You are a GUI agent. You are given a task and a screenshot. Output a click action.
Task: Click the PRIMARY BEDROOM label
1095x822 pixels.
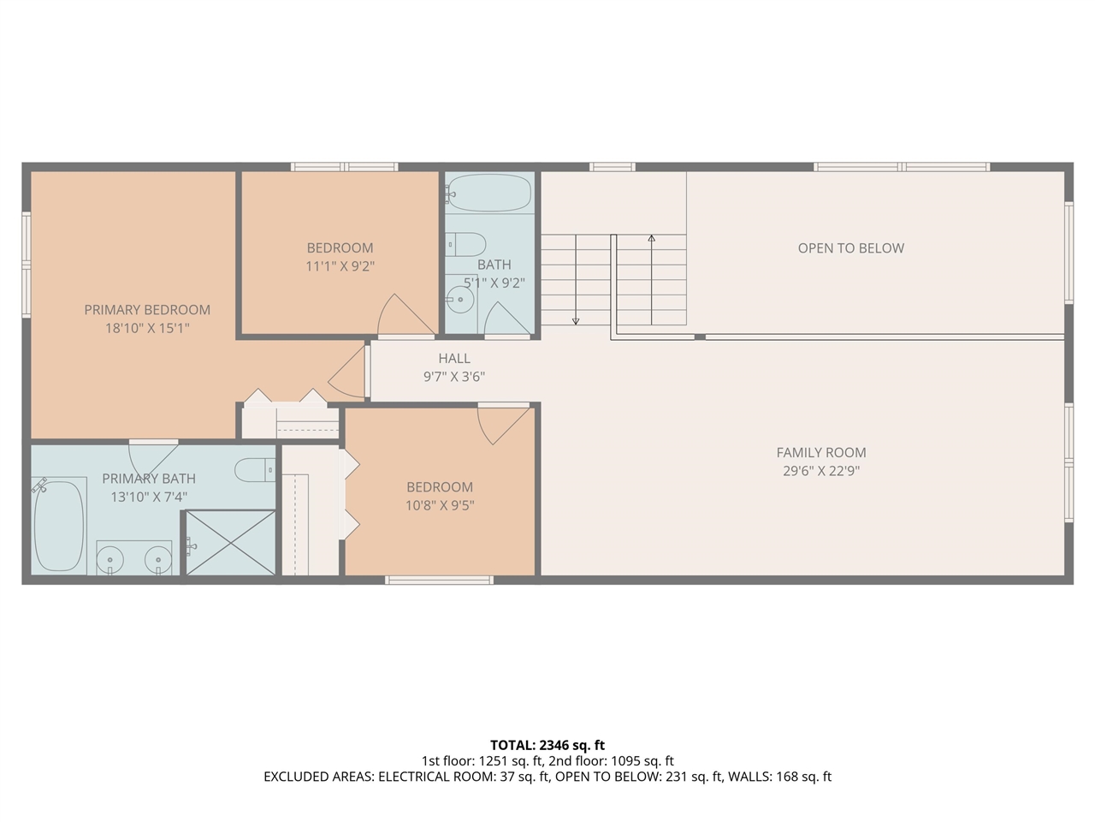click(x=147, y=310)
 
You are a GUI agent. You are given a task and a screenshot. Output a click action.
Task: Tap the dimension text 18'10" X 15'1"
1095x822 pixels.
click(x=147, y=328)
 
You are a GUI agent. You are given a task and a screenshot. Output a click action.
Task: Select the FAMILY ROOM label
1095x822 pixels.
click(x=820, y=452)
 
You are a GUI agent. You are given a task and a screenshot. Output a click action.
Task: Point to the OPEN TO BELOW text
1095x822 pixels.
click(x=850, y=248)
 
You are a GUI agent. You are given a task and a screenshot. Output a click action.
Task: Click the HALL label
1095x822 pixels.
click(x=454, y=358)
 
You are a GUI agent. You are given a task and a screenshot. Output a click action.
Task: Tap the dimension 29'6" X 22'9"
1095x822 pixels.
click(x=820, y=471)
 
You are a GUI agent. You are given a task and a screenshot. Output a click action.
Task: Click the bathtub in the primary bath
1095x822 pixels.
click(x=59, y=525)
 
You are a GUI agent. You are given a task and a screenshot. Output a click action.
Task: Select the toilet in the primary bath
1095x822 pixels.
click(x=255, y=469)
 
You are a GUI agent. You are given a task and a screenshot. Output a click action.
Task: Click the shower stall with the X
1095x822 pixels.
click(x=231, y=543)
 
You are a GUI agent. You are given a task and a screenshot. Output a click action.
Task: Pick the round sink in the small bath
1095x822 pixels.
click(x=460, y=301)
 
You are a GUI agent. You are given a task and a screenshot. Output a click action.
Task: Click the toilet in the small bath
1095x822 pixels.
click(x=466, y=244)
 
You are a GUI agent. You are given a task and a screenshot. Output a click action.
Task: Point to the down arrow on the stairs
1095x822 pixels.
click(x=576, y=321)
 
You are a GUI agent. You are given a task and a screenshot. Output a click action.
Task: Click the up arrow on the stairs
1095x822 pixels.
click(x=652, y=239)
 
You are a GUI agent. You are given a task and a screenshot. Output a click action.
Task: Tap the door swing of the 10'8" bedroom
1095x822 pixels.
click(x=501, y=424)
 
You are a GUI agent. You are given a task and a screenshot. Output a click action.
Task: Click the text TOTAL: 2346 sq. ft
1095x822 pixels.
click(x=547, y=745)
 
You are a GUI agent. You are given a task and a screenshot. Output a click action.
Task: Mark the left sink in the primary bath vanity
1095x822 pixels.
click(x=110, y=561)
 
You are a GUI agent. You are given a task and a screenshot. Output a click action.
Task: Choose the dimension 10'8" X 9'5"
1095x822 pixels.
click(x=440, y=505)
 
